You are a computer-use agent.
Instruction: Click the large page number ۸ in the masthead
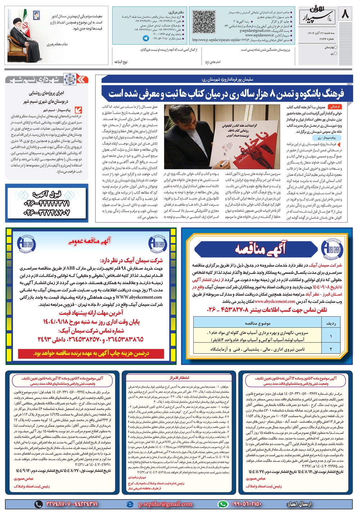[345, 14]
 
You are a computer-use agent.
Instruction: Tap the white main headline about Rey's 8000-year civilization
[226, 93]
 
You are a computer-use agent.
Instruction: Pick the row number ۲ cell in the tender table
[331, 349]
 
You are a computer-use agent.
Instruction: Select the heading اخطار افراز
[181, 377]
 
